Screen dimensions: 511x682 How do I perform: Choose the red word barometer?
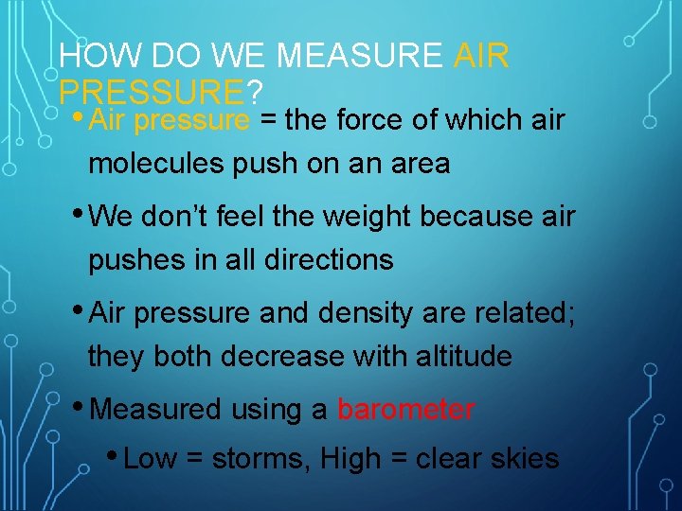click(405, 410)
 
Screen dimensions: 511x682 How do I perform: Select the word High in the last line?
click(350, 459)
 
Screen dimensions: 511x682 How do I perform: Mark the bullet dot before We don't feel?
click(78, 213)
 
